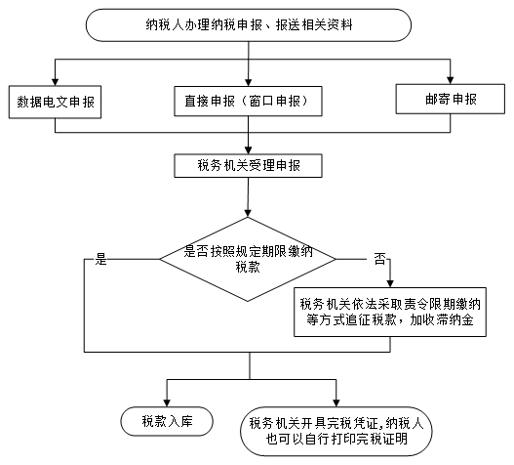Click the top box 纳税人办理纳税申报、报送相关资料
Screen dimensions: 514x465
tap(249, 25)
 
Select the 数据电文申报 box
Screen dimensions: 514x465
tap(55, 102)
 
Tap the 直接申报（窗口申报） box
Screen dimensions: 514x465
tap(248, 101)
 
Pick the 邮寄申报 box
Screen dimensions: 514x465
tap(451, 99)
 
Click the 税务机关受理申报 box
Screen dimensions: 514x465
tap(248, 165)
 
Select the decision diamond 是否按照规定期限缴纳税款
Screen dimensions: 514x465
tap(248, 259)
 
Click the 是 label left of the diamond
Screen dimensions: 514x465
tap(101, 259)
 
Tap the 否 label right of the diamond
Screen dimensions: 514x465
tap(380, 259)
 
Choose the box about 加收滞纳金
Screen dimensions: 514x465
tap(390, 312)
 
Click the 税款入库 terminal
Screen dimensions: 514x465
tap(167, 421)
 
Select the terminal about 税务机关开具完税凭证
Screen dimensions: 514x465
tap(336, 431)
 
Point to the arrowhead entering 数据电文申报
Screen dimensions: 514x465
tap(55, 82)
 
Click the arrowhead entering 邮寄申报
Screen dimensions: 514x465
tap(451, 80)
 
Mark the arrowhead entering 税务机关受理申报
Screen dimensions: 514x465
tap(248, 150)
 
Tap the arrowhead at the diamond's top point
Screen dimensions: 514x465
tap(248, 213)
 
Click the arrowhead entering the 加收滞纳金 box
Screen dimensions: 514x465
tap(390, 283)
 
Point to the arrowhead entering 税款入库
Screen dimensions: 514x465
tap(167, 402)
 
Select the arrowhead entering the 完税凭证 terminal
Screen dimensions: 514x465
tap(336, 402)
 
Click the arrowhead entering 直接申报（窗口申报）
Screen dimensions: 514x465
tap(248, 82)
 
